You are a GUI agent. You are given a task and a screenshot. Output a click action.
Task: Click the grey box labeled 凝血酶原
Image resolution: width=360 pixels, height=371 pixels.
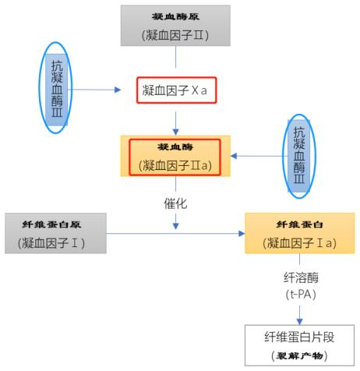(175, 24)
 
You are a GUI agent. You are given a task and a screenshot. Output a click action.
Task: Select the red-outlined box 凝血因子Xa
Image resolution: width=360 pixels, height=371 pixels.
(175, 90)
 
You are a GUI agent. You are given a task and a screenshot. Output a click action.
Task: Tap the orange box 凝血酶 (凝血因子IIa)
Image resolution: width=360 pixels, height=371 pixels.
(175, 155)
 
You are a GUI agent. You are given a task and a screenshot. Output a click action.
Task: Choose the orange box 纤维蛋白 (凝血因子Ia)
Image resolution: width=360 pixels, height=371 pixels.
(300, 232)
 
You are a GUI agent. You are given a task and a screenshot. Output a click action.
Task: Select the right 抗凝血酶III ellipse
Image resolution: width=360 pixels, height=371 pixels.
(299, 156)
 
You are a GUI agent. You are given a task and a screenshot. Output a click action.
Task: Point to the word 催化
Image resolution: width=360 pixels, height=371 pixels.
(175, 203)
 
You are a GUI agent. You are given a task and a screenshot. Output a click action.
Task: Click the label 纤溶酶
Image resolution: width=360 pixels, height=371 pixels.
(300, 276)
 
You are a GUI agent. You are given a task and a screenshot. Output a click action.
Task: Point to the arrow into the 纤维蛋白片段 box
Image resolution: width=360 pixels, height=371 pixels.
(300, 313)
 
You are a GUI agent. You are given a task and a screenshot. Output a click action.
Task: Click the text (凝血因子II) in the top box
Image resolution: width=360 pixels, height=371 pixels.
(175, 34)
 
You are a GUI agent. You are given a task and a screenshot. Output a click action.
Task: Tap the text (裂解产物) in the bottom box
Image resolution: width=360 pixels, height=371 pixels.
(300, 355)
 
